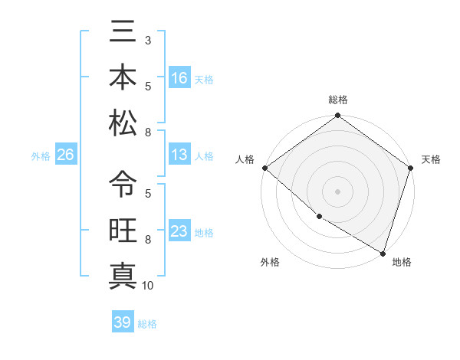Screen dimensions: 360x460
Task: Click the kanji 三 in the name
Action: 123,34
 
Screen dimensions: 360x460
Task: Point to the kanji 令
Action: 123,184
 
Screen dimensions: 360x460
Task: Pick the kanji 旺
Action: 123,230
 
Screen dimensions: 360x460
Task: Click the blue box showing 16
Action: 179,77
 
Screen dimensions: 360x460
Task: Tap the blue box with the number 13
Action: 179,155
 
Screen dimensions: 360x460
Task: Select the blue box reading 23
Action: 179,231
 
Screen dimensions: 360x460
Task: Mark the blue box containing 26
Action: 65,155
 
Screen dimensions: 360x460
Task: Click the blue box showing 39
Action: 122,322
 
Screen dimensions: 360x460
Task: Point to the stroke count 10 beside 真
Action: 148,286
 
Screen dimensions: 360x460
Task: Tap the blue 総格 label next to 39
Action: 147,324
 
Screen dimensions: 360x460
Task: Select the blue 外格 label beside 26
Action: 41,156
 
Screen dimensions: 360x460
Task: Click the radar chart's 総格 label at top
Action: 338,100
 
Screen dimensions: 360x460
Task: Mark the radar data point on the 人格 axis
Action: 264,168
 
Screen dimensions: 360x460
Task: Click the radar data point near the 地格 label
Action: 383,252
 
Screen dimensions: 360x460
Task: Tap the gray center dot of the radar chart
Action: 338,191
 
